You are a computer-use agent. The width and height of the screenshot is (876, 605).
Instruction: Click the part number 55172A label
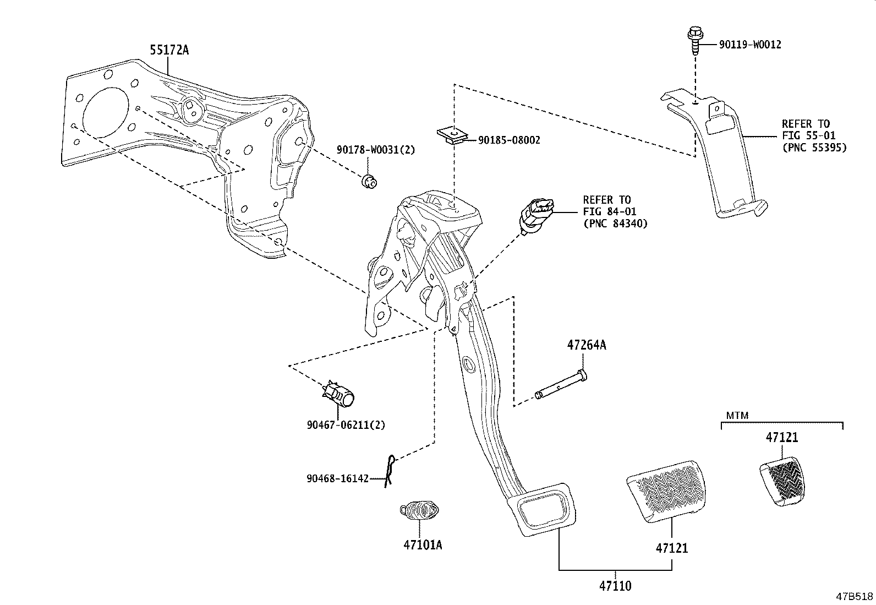[x=169, y=50]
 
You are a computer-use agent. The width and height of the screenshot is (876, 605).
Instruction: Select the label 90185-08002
[x=509, y=140]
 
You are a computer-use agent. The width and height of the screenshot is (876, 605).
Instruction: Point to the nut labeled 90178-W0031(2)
[x=369, y=181]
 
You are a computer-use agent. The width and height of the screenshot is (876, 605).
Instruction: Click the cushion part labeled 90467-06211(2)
[x=338, y=394]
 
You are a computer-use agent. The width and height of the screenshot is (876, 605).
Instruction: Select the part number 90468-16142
[x=337, y=479]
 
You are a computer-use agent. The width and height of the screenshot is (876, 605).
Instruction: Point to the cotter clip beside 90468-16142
[x=390, y=470]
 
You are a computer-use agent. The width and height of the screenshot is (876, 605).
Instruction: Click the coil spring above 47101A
[x=419, y=510]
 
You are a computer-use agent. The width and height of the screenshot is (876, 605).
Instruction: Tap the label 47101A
[x=422, y=545]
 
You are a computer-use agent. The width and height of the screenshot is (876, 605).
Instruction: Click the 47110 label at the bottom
[x=615, y=586]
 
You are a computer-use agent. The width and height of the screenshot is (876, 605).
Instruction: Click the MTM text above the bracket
[x=737, y=416]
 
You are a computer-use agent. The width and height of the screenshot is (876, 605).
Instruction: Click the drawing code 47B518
[x=855, y=596]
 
